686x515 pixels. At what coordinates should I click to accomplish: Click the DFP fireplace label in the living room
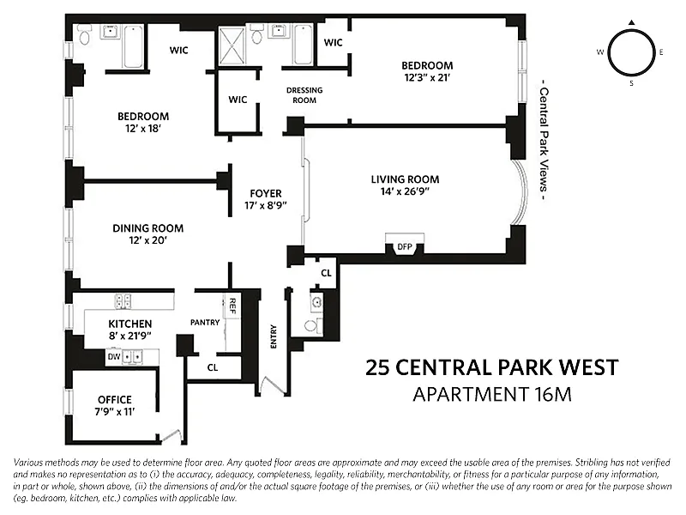[405, 247]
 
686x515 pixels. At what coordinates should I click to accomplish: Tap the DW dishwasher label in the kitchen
[114, 357]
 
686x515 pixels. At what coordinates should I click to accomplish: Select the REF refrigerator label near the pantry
[232, 306]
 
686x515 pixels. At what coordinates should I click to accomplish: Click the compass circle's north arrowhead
[631, 22]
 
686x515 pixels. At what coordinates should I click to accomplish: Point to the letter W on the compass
[600, 52]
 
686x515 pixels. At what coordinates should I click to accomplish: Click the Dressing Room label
[304, 95]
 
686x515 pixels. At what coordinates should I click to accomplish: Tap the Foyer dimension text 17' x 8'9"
[266, 205]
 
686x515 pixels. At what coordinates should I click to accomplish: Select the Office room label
[115, 400]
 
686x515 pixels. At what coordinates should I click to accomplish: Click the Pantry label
[205, 323]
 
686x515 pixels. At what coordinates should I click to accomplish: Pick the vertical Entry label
[274, 336]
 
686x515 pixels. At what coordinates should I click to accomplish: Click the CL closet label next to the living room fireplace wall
[327, 273]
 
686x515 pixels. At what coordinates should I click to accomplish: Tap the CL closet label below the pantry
[213, 368]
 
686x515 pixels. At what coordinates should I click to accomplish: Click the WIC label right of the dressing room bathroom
[333, 42]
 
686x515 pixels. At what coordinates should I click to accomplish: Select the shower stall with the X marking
[232, 46]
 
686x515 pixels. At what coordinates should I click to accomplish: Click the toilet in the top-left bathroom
[84, 35]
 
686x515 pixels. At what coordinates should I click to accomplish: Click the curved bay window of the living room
[520, 191]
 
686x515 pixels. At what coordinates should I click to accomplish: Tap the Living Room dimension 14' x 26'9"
[405, 191]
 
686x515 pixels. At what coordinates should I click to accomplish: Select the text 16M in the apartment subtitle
[553, 395]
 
